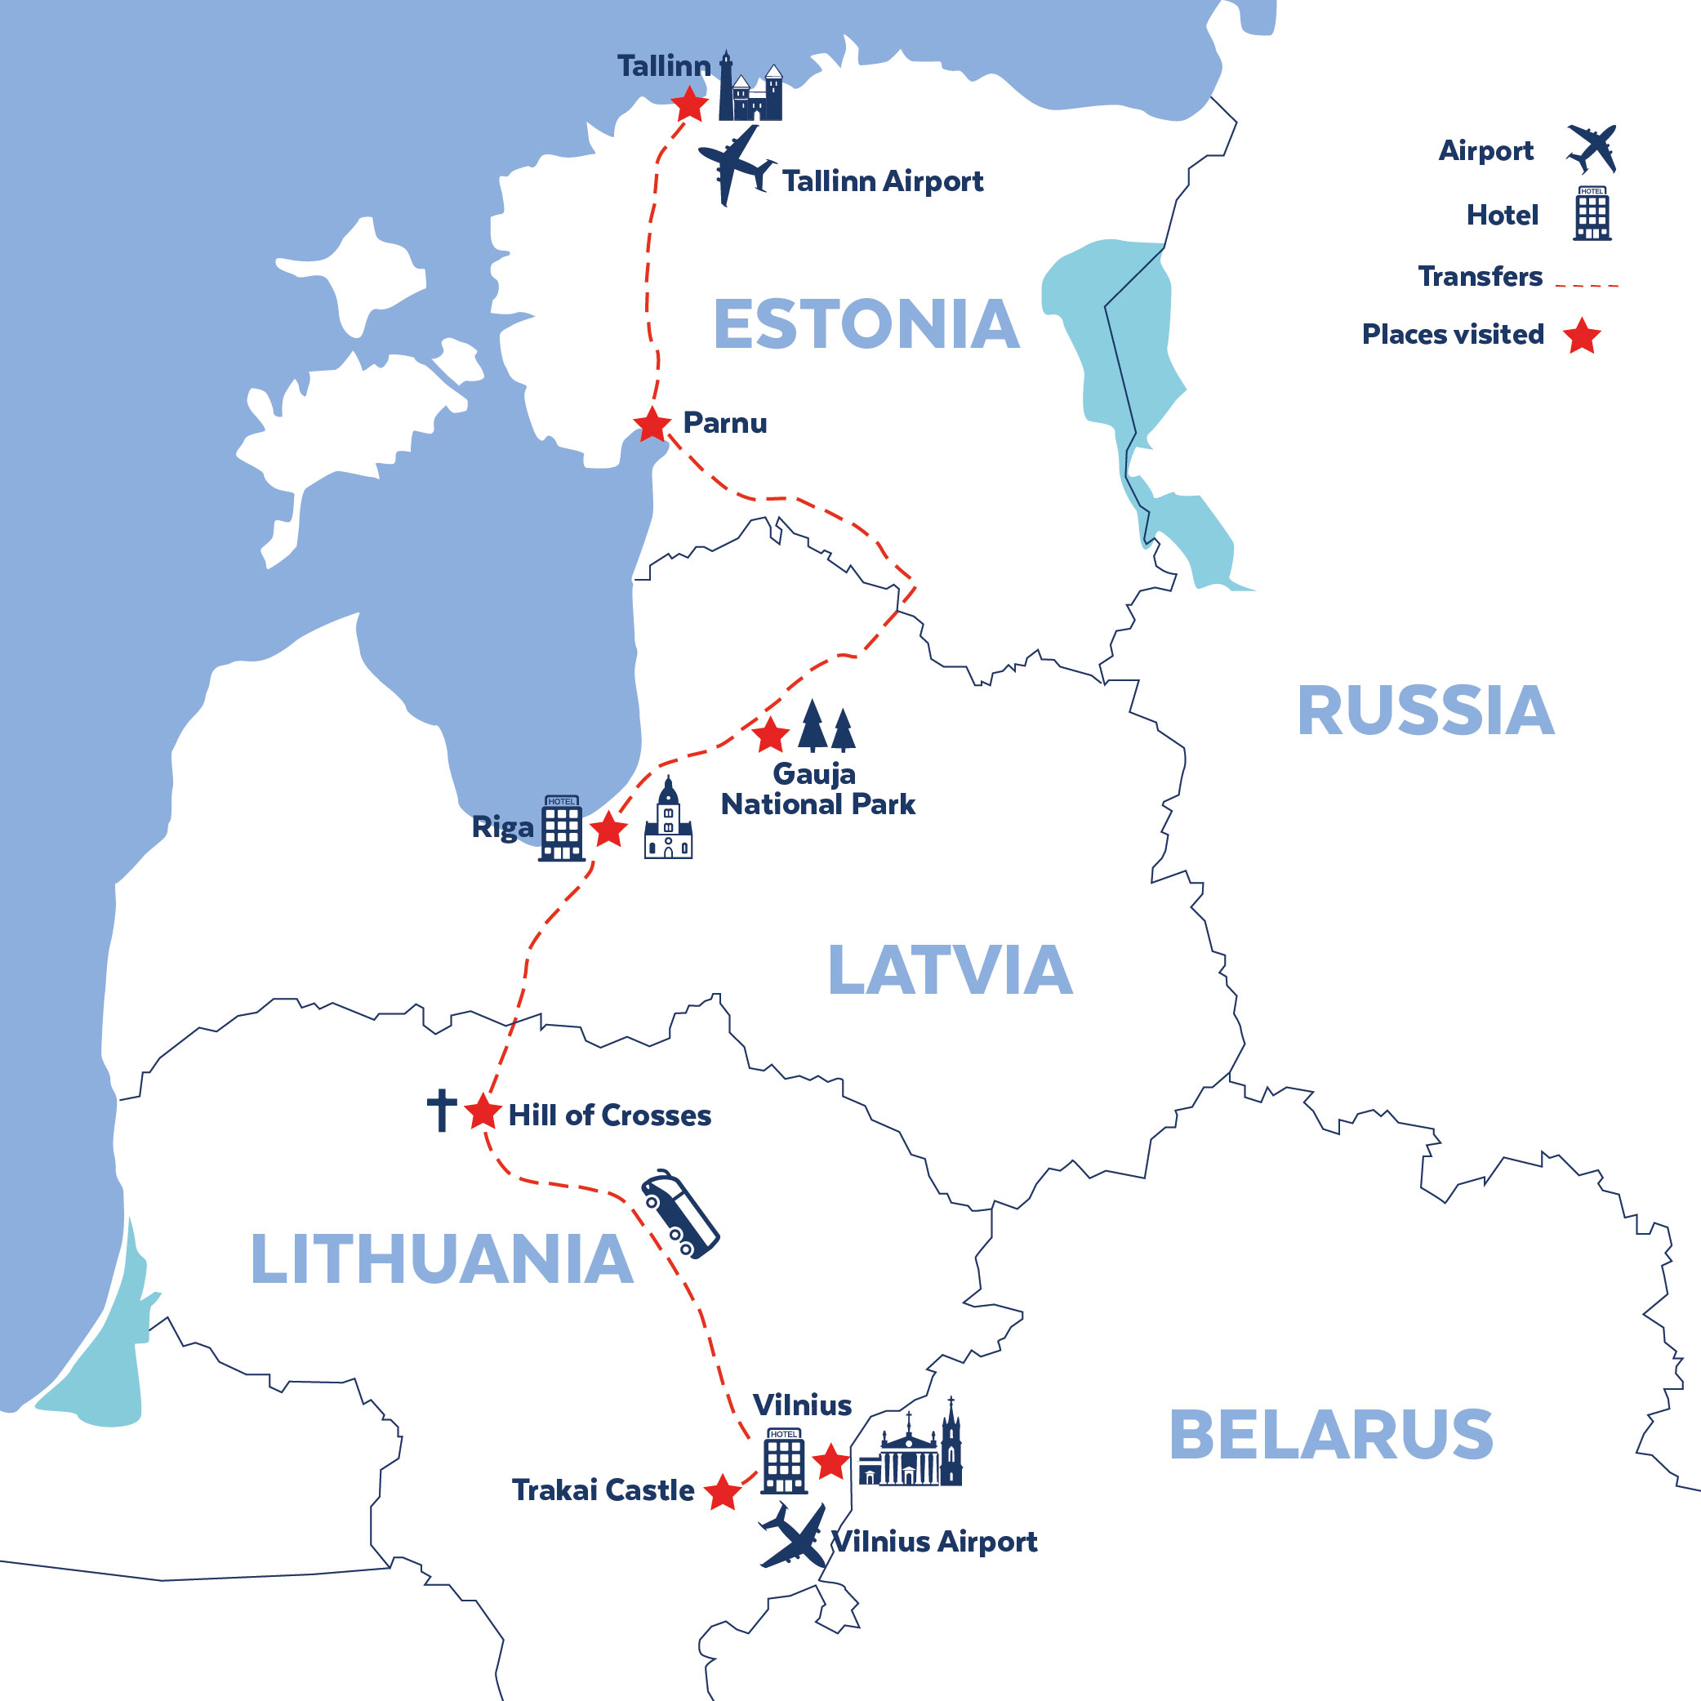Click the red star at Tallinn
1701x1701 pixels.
click(x=689, y=104)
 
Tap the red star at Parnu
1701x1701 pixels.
click(x=652, y=425)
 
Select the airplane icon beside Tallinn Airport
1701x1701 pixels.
click(x=734, y=165)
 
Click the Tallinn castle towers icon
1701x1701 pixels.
click(x=750, y=89)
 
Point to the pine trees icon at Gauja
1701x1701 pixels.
click(x=826, y=728)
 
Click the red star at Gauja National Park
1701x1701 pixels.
click(x=770, y=734)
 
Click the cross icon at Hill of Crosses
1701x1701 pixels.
click(x=442, y=1111)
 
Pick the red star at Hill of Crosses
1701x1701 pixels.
click(x=483, y=1112)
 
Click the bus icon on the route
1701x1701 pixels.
click(x=679, y=1214)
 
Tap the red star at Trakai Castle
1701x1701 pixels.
click(x=723, y=1492)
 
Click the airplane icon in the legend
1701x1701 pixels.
click(x=1592, y=149)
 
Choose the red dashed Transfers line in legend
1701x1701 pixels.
click(x=1587, y=285)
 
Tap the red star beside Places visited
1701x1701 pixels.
click(x=1582, y=336)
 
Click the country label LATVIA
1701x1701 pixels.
click(x=950, y=970)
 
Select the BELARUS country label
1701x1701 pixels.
click(x=1330, y=1434)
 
